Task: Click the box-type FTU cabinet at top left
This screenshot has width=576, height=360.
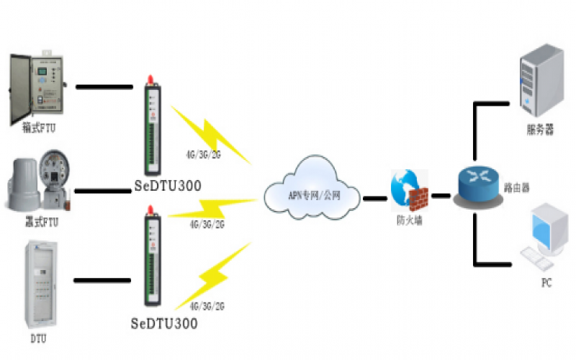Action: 36,85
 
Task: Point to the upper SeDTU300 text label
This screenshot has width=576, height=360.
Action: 166,186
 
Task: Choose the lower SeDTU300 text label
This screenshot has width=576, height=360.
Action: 165,323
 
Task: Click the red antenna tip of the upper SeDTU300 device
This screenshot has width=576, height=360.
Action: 150,77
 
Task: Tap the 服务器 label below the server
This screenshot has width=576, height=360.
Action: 540,130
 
